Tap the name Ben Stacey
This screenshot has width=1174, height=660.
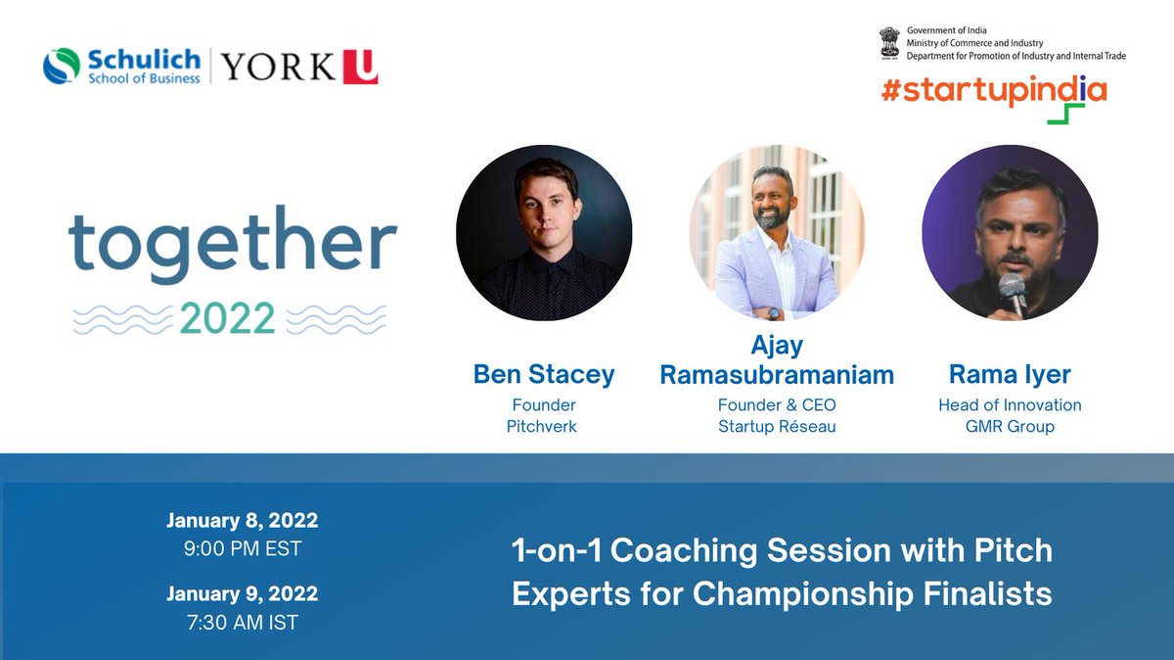pos(544,374)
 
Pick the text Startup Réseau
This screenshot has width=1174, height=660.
pos(777,427)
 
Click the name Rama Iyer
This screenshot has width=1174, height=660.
pos(1010,374)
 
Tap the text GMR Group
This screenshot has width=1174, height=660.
pos(1010,427)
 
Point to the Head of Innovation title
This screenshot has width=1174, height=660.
pos(1010,404)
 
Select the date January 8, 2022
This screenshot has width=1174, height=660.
pos(243,520)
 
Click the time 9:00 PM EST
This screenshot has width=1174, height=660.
pos(243,548)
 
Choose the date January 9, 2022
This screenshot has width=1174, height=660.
pos(243,593)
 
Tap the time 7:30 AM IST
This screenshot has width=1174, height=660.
pos(243,622)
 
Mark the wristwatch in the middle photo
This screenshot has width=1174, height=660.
pos(773,312)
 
